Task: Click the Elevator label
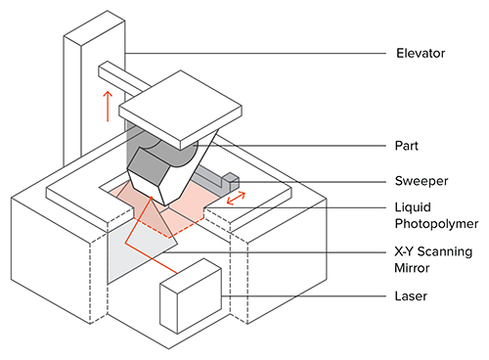click(x=421, y=53)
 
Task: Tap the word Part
click(x=406, y=146)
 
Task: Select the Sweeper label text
click(x=422, y=181)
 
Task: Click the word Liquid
click(x=413, y=207)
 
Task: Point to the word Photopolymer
click(x=436, y=224)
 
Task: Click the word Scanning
click(x=445, y=252)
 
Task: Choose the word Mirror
click(x=412, y=268)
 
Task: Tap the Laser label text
click(x=411, y=296)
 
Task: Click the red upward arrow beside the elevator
click(x=108, y=107)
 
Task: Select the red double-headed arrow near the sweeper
click(x=236, y=199)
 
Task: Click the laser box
click(x=191, y=295)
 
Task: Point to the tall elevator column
click(x=94, y=88)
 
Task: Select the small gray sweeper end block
click(x=231, y=182)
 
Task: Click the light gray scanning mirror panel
click(x=140, y=247)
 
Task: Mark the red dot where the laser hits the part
click(x=152, y=198)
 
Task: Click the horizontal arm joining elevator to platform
click(x=125, y=78)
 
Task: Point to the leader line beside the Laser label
click(x=303, y=296)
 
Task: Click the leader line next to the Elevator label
click(x=255, y=54)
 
